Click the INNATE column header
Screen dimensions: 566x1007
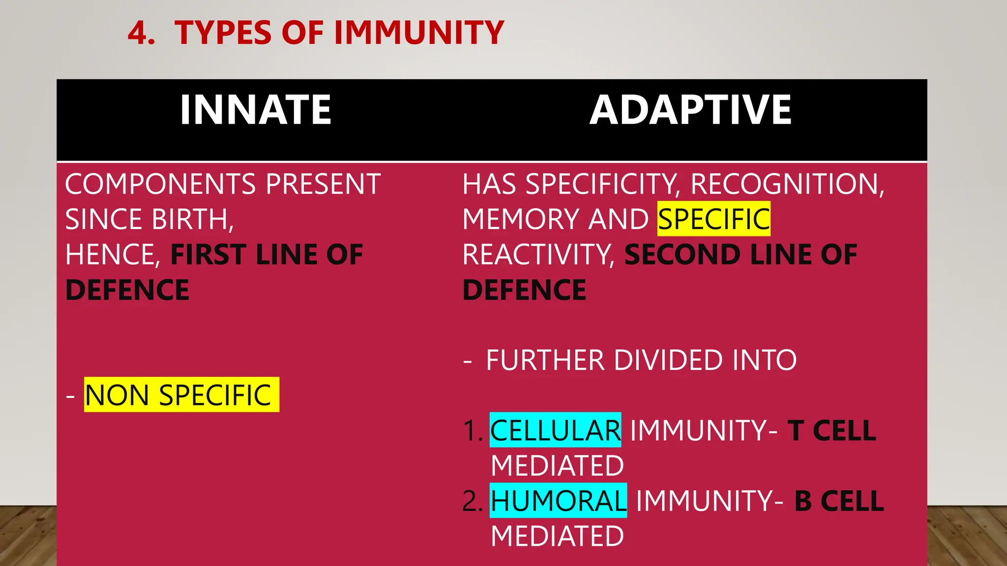255,110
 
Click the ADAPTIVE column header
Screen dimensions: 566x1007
690,110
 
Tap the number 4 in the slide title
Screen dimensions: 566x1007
141,33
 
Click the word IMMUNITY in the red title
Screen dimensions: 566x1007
419,33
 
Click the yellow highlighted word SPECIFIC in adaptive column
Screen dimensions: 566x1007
714,219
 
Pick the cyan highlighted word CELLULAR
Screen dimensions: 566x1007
556,430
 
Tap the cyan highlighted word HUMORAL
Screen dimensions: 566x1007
559,501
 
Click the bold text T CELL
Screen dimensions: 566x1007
832,430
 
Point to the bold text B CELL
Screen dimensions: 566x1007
839,501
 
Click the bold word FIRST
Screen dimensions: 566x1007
208,255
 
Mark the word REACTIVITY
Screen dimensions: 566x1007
538,255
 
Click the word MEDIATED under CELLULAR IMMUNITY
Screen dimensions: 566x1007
557,466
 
